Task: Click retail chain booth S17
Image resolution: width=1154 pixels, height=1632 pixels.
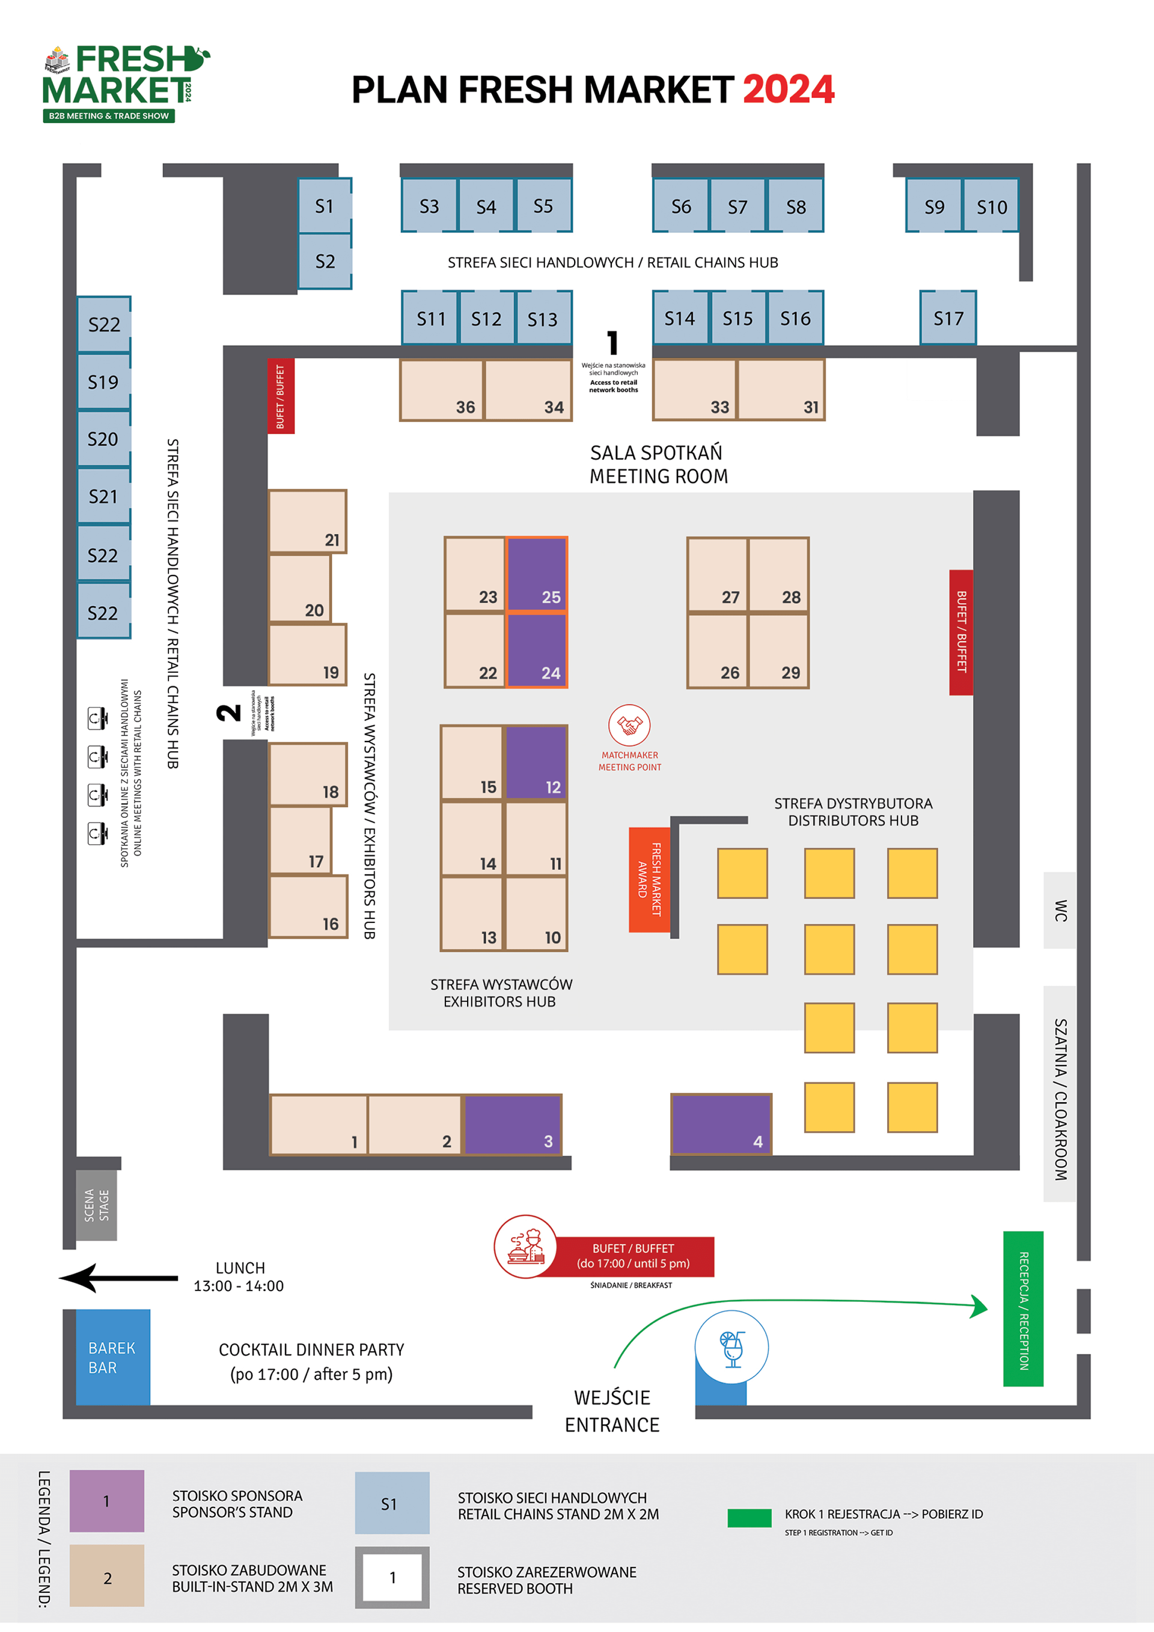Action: pos(948,318)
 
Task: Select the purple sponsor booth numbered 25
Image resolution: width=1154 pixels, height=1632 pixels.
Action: pos(537,574)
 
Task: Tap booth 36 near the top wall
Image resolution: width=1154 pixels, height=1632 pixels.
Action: pos(441,390)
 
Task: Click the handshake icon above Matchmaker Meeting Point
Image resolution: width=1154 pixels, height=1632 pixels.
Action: pos(629,725)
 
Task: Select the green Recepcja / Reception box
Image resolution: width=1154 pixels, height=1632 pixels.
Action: pos(1022,1308)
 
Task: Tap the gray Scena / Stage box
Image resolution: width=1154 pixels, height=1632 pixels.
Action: pos(97,1205)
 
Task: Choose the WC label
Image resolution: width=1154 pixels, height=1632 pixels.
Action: pos(1060,910)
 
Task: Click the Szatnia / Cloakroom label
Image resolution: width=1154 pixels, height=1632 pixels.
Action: pos(1060,1099)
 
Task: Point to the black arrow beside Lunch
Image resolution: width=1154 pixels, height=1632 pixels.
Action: pos(118,1277)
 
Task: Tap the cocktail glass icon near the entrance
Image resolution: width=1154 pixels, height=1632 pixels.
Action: pos(731,1347)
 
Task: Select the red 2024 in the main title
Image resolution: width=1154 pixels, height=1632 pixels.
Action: pos(788,90)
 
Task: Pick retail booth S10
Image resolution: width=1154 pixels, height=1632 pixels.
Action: pos(991,206)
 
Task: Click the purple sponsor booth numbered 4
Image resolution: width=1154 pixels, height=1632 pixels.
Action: pos(721,1124)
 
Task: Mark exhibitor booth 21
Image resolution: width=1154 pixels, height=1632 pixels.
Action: pos(307,521)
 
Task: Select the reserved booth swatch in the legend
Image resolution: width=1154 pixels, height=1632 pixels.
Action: pos(392,1577)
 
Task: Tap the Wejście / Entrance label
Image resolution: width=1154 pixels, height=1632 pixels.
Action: pos(612,1410)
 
